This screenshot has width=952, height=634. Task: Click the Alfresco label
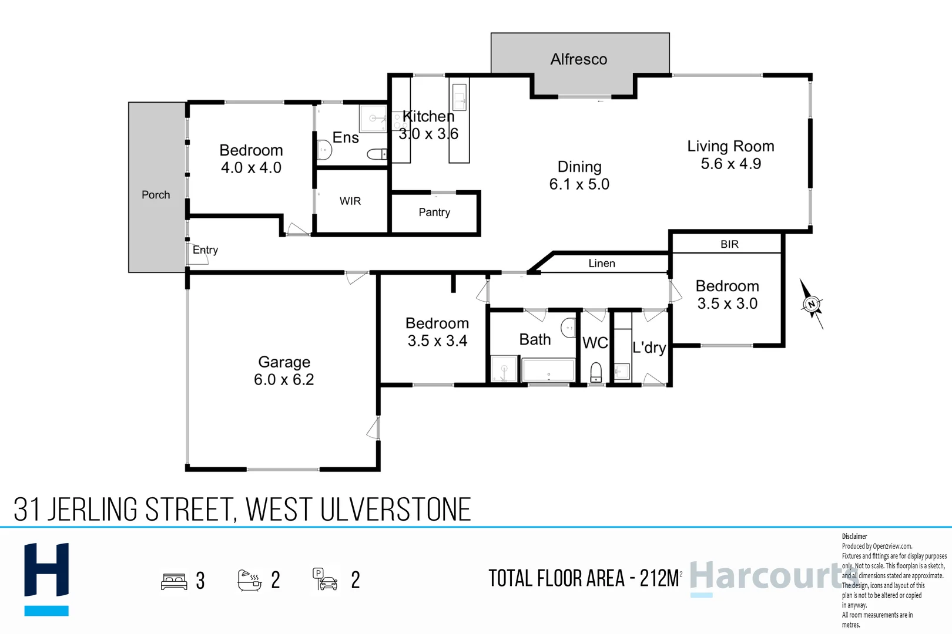tap(579, 59)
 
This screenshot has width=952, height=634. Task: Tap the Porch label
tap(156, 195)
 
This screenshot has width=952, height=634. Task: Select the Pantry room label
tap(434, 213)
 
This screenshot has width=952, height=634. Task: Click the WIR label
tap(350, 201)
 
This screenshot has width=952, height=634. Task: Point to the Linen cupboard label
tap(602, 264)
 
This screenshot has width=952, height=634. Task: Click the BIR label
tap(729, 244)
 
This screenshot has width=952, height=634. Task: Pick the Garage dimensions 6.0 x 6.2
tap(284, 380)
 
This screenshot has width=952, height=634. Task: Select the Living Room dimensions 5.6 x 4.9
tap(730, 164)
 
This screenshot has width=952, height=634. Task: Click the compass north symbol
tap(812, 304)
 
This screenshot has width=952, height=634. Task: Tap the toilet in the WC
tap(596, 372)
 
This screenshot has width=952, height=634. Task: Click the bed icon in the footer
tap(174, 581)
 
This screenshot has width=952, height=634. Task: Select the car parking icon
tap(325, 579)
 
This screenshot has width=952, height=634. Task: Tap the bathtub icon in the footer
tap(249, 580)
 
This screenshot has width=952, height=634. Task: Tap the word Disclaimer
tap(854, 537)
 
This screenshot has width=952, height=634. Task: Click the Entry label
tap(205, 250)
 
